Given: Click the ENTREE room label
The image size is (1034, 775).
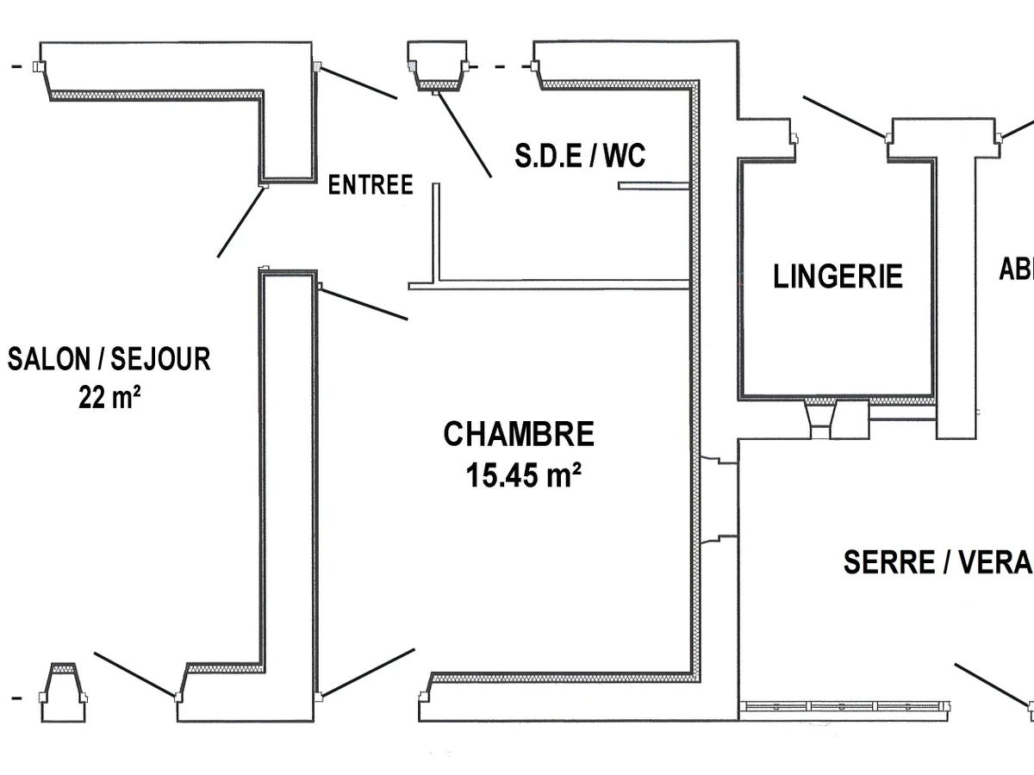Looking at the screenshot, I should click(x=371, y=185).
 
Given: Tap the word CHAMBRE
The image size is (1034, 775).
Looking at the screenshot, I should click(x=519, y=434).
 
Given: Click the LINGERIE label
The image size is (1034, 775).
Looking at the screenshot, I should click(x=838, y=276).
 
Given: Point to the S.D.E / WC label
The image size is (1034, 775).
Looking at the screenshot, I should click(x=580, y=156).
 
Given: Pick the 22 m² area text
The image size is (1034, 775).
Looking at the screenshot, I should click(x=109, y=398).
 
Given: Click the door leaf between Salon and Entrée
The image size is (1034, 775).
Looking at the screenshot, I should click(x=241, y=221).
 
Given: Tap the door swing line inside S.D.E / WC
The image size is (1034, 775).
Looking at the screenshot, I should click(x=464, y=133).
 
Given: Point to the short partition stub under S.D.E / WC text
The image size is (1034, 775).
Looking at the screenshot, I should click(x=653, y=185).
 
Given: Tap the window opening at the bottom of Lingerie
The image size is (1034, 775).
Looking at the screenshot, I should click(x=823, y=418).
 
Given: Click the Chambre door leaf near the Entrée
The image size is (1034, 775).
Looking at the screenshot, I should click(x=363, y=303).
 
